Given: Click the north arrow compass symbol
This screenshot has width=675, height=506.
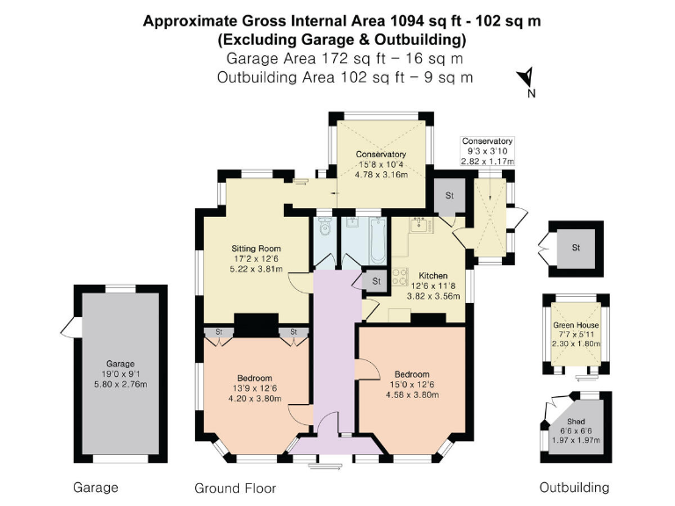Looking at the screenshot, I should tap(526, 79).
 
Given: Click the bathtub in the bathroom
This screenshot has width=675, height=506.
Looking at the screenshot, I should tap(375, 242).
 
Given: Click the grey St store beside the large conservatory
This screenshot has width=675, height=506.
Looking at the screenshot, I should tap(448, 195).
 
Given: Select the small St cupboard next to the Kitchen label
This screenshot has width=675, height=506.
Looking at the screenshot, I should tap(375, 281).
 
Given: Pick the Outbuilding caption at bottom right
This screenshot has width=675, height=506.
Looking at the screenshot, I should tap(573, 487).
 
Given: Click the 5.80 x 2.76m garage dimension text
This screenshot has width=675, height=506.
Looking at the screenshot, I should tap(121, 385).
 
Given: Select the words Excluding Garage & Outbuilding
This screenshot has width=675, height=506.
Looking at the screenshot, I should tap(343, 40).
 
